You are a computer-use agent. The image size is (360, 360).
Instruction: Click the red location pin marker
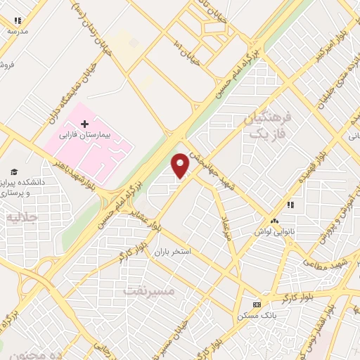click(x=181, y=165)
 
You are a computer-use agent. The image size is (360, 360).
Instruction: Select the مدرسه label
click(x=18, y=32)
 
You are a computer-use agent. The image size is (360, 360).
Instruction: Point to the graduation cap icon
click(x=13, y=172)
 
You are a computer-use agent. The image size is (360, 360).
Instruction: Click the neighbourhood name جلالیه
click(x=22, y=217)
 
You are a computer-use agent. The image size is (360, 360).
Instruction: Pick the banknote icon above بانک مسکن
click(x=257, y=304)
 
